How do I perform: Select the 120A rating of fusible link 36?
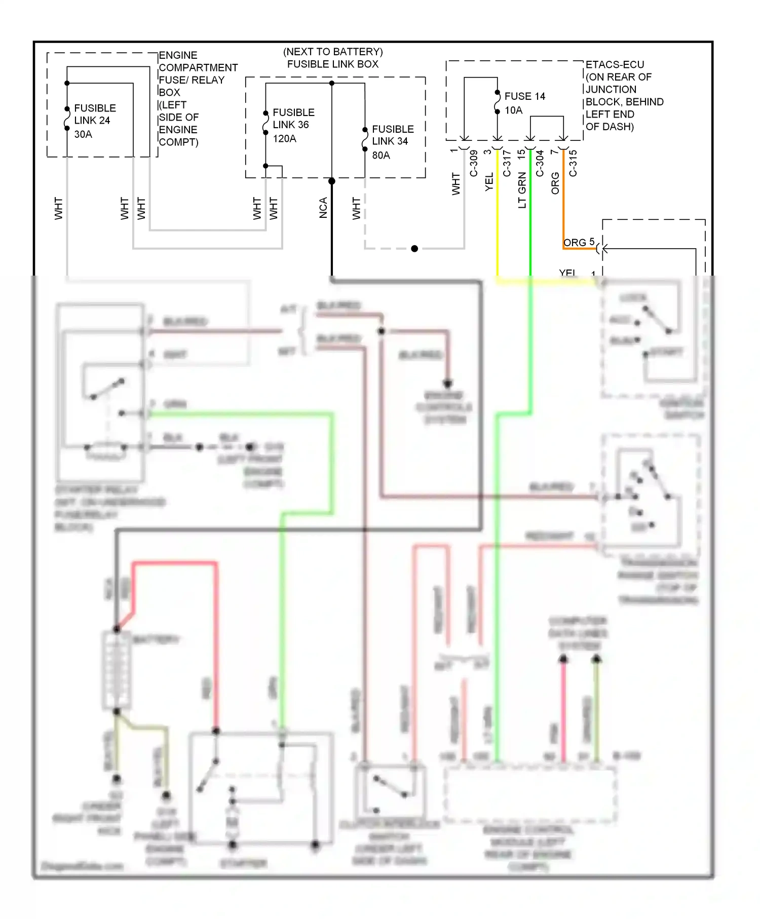[x=284, y=139]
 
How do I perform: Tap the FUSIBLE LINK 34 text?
[x=393, y=135]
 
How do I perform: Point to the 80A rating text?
[x=381, y=156]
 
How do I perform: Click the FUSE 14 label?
[x=525, y=96]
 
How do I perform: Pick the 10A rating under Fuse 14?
[x=513, y=110]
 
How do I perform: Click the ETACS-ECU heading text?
[x=615, y=65]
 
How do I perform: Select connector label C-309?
[x=474, y=163]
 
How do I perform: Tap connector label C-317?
[x=507, y=163]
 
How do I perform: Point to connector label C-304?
[x=540, y=163]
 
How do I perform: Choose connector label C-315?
[x=573, y=163]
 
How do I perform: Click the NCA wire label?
[x=323, y=208]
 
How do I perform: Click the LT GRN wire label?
[x=522, y=190]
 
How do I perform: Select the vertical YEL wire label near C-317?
[x=489, y=182]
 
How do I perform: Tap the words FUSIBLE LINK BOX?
[x=333, y=64]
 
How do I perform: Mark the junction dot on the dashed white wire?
[x=414, y=249]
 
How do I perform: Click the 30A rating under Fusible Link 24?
[x=83, y=134]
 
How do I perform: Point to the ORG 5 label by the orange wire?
[x=579, y=242]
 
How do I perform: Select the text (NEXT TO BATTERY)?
[x=333, y=52]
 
